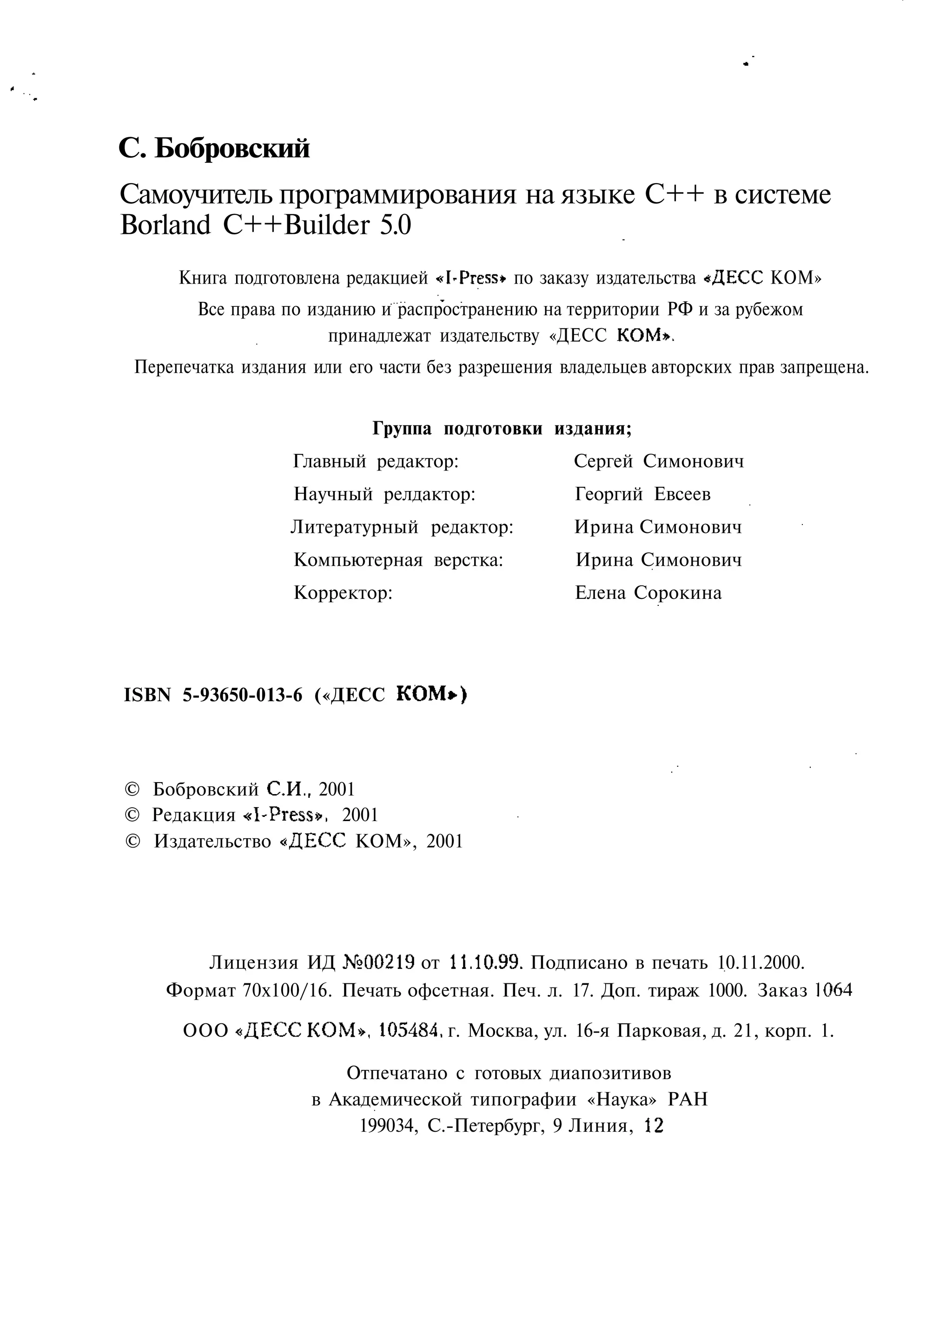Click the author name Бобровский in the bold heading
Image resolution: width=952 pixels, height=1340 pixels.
pyautogui.click(x=231, y=149)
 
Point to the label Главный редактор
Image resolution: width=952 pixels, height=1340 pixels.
pyautogui.click(x=375, y=462)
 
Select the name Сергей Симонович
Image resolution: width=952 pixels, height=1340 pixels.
pyautogui.click(x=658, y=461)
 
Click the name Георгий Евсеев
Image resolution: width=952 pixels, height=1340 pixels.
pyautogui.click(x=642, y=494)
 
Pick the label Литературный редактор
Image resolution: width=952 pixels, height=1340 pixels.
pyautogui.click(x=402, y=527)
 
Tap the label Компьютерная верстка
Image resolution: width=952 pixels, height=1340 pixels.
pyautogui.click(x=398, y=560)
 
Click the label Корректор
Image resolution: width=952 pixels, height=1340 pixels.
pyautogui.click(x=343, y=593)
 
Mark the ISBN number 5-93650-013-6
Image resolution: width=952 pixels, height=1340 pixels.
pyautogui.click(x=243, y=695)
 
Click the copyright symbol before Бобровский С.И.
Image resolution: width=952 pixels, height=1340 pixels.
pyautogui.click(x=133, y=789)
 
